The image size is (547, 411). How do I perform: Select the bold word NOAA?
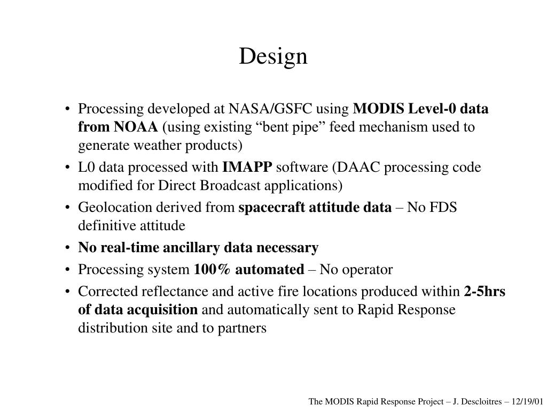pyautogui.click(x=135, y=127)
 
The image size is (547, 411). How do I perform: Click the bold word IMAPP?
pyautogui.click(x=247, y=168)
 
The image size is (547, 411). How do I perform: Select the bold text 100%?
pyautogui.click(x=213, y=270)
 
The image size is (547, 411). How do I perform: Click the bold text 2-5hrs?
pyautogui.click(x=485, y=292)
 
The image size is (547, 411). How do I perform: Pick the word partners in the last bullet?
pyautogui.click(x=242, y=328)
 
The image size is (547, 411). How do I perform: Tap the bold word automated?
pyautogui.click(x=269, y=270)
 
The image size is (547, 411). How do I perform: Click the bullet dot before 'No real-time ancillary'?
pyautogui.click(x=68, y=248)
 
